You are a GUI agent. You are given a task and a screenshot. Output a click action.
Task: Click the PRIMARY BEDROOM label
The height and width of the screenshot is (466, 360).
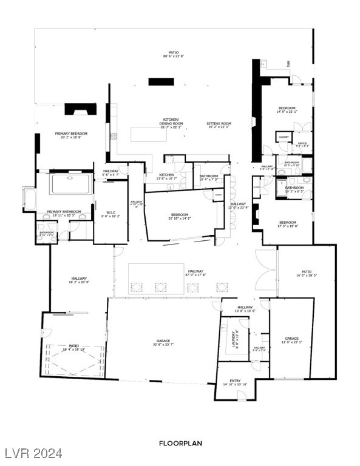point(70,135)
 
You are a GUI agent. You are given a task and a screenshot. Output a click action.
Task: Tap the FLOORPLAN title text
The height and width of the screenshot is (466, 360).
point(180,443)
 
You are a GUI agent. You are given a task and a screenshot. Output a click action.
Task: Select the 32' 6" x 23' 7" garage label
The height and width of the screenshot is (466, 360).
point(163,342)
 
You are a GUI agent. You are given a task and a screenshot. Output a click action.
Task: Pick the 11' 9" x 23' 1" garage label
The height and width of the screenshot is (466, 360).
point(292,340)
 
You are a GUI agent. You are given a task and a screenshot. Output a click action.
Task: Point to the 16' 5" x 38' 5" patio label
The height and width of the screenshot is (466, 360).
point(306,273)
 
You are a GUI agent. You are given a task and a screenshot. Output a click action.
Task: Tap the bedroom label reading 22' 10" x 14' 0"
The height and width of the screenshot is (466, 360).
point(179,217)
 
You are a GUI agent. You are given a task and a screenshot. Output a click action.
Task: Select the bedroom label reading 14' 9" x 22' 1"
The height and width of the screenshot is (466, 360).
point(287,109)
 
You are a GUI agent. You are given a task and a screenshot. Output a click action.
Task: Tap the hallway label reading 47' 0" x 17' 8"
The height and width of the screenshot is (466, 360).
point(195,273)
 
